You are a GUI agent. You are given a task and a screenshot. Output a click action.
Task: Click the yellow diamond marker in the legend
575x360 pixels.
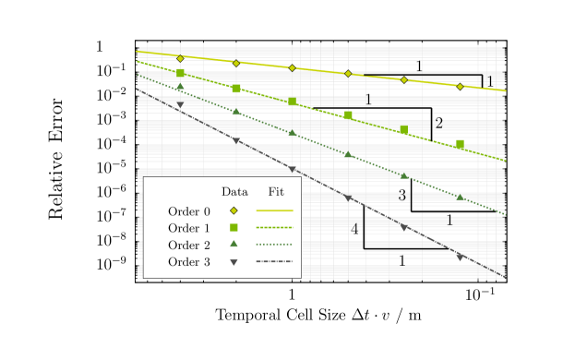[234, 210]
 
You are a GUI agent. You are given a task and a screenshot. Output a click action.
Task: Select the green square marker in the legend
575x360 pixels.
[234, 227]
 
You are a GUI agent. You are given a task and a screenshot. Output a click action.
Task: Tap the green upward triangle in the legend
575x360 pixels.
[234, 244]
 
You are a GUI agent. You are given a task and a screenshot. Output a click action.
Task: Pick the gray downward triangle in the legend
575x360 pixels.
[234, 261]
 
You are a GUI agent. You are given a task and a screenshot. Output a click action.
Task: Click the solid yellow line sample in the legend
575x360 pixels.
[274, 210]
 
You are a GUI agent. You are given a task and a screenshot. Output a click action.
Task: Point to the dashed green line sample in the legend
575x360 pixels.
[274, 227]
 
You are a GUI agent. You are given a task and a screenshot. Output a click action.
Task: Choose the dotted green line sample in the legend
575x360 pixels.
[274, 244]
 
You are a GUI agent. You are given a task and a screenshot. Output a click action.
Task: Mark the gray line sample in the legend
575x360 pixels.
[274, 261]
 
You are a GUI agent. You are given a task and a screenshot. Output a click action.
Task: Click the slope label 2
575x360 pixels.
[439, 124]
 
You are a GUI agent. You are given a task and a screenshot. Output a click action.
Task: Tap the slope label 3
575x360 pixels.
[402, 196]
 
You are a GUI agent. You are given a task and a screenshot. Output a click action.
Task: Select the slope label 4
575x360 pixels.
[354, 230]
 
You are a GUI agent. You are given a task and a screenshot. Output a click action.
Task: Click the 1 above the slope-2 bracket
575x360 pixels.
[368, 101]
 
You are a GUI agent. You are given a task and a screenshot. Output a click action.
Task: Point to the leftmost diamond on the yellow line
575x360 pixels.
[180, 58]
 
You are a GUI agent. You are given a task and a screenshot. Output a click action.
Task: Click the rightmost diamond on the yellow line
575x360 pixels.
[460, 87]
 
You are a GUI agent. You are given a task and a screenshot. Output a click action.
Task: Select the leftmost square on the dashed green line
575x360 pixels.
[180, 72]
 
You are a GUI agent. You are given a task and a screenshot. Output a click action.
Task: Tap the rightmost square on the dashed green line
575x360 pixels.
[460, 144]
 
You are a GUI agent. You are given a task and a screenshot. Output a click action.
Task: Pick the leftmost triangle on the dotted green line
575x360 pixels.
[180, 87]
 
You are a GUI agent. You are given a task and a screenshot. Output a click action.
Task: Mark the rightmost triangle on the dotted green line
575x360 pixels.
[460, 197]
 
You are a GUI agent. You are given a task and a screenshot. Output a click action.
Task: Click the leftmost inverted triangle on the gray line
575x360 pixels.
[180, 105]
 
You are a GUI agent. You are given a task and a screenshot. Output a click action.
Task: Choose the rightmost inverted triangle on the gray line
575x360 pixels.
[460, 256]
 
